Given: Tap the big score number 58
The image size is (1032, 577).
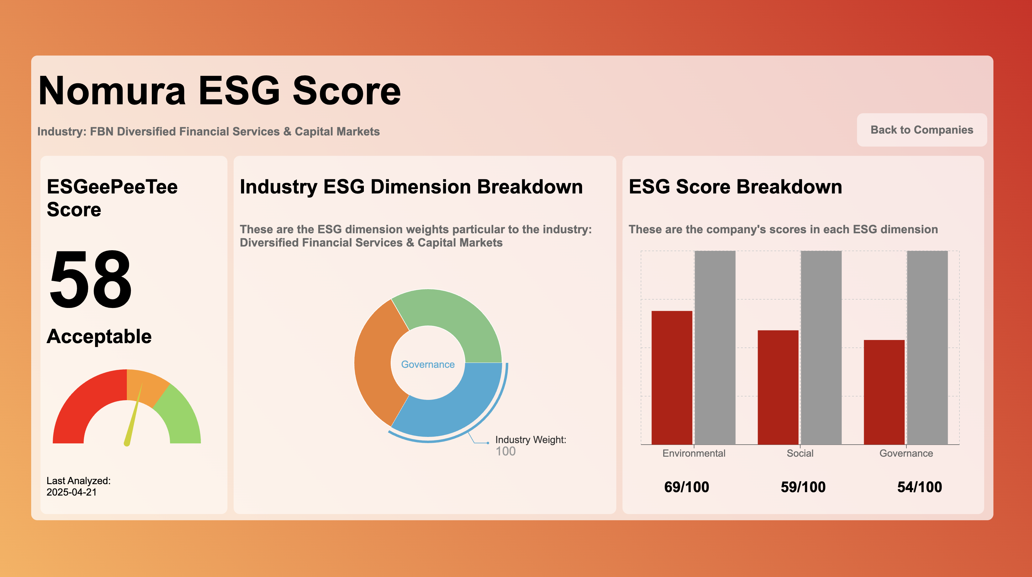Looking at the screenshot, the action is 90,279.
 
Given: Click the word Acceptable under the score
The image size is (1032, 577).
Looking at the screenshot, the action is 99,336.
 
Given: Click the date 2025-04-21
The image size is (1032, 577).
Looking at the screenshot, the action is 72,492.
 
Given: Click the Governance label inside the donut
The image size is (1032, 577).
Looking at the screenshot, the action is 428,364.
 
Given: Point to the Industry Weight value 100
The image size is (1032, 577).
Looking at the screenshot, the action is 506,451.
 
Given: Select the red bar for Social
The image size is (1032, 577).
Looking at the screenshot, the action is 778,387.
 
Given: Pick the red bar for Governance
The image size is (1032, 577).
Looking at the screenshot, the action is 884,392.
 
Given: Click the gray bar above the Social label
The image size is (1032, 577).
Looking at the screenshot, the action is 821,347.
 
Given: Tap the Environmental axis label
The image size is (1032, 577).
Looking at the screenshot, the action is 694,453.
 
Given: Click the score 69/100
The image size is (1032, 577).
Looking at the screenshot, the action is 687,487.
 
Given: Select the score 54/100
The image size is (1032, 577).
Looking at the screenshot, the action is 919,487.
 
